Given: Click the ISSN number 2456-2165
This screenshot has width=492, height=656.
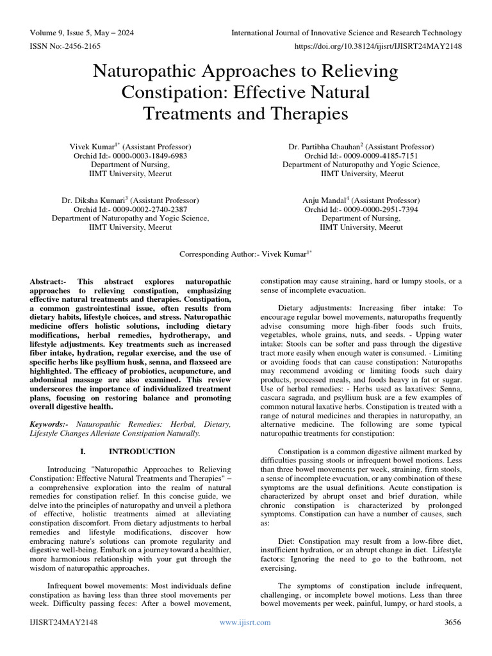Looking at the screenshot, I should tap(83, 46).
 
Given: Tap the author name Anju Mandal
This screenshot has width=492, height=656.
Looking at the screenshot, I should tap(326, 201).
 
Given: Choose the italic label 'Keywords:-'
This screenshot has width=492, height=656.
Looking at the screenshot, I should tap(51, 425).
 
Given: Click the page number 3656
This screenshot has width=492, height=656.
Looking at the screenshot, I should tap(451, 622).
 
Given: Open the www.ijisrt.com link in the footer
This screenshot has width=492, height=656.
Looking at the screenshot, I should tap(245, 622).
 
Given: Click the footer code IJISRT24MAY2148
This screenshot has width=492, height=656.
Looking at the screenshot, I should tap(62, 622).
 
